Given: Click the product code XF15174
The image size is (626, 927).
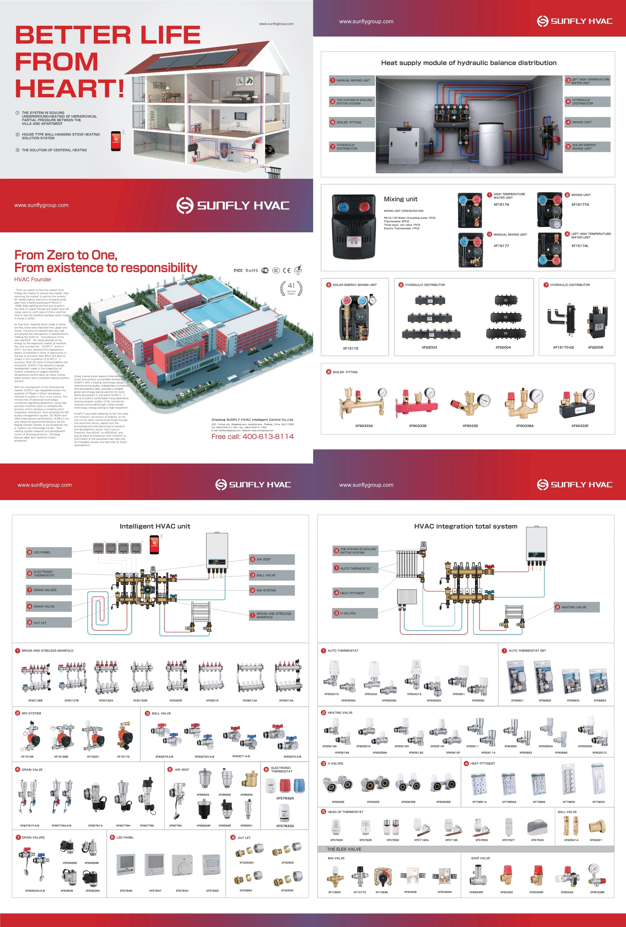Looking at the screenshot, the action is coord(501,205).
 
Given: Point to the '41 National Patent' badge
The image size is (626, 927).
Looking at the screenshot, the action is coord(291,288).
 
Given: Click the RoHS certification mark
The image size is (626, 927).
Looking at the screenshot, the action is coord(251,270).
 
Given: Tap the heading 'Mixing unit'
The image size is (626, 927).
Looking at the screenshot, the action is coord(401,199).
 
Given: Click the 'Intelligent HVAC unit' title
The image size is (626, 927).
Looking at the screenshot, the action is coord(155,526).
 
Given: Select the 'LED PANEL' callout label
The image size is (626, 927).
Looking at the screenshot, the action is coord(42,552).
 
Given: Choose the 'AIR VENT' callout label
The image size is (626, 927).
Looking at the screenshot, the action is coord(263,560).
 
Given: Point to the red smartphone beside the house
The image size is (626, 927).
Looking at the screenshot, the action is coord(116,141).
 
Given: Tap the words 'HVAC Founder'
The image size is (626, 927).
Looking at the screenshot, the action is coord(33,280).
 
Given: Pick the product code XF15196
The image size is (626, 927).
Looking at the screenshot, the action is coord(27,757).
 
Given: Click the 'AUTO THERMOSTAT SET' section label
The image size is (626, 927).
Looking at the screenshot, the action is coord(527,651).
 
